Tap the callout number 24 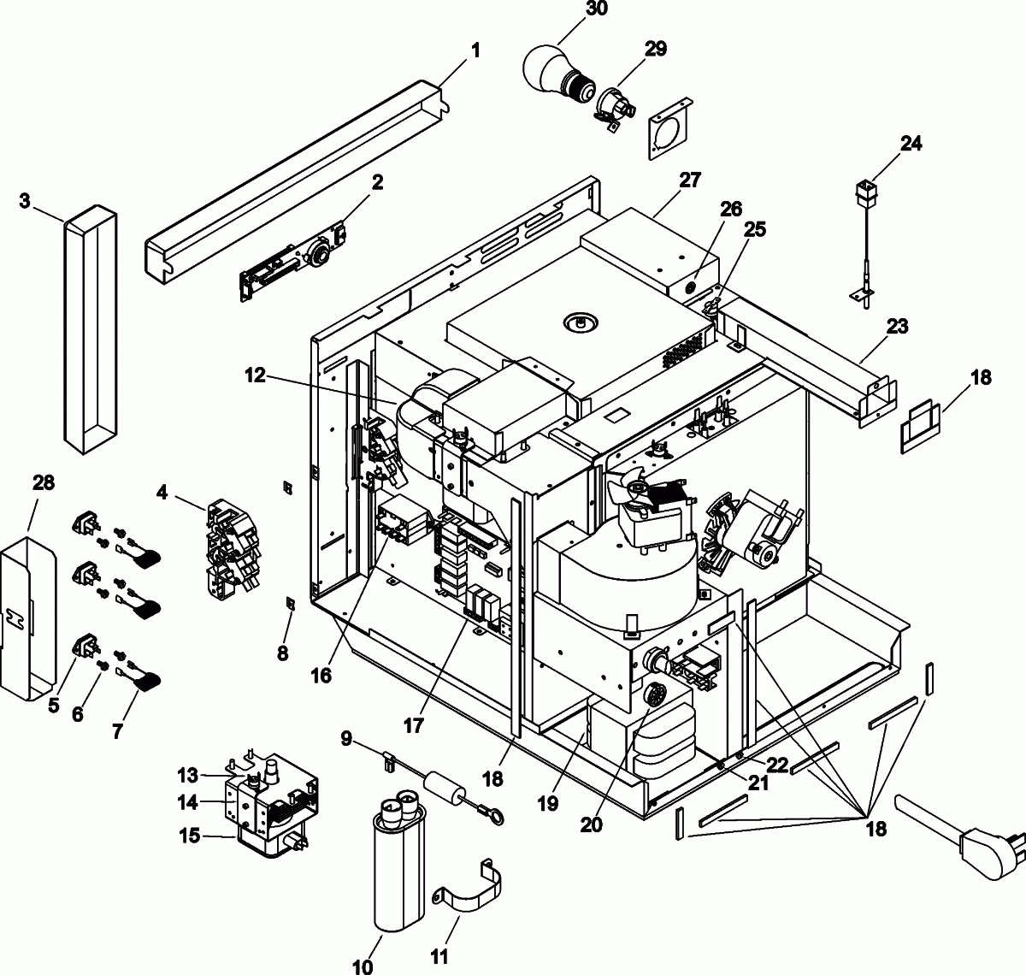tap(911, 144)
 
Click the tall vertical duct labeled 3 tap(90, 325)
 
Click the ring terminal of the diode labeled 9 tap(493, 820)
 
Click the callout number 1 tap(475, 50)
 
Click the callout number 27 tap(690, 180)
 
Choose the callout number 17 tap(414, 725)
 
